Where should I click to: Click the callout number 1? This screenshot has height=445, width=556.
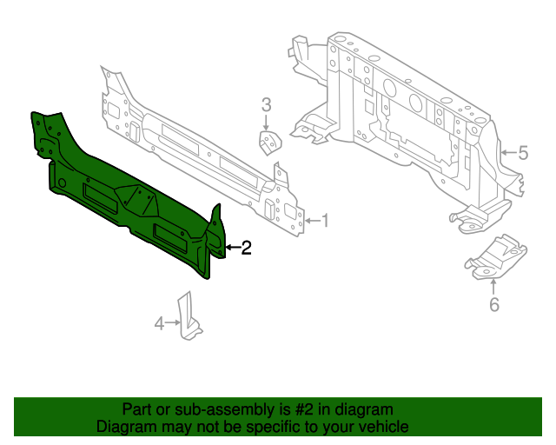[x=326, y=221]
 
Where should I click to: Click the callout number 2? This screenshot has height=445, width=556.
[x=246, y=249]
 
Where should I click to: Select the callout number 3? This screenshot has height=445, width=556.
[x=267, y=105]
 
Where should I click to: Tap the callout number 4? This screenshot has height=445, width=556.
[x=159, y=324]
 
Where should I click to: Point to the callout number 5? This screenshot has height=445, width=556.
[x=523, y=154]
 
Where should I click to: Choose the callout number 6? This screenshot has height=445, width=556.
[x=494, y=304]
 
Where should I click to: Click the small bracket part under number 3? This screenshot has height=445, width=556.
[x=271, y=143]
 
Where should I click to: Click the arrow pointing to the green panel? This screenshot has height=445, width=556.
[x=230, y=249]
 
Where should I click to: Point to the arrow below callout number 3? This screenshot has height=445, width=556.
[x=267, y=123]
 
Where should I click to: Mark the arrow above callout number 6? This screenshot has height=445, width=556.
[x=494, y=286]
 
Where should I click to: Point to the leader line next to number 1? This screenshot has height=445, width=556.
[x=313, y=221]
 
